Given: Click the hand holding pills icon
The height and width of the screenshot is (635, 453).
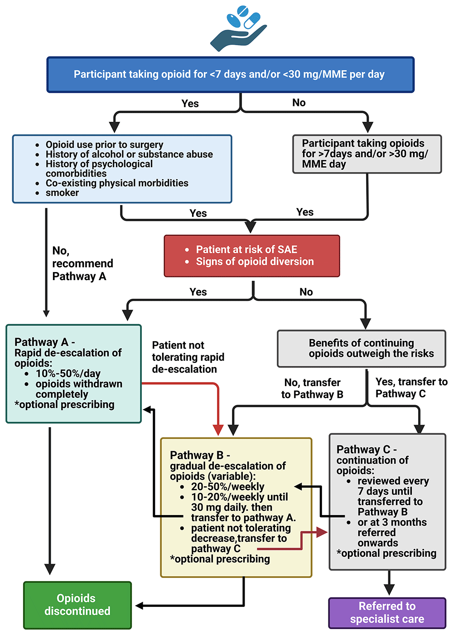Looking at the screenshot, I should tap(238, 29).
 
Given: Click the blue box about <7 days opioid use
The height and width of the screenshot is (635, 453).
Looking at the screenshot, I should tap(230, 75).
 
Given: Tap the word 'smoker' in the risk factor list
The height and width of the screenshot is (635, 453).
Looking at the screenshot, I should tap(62, 193).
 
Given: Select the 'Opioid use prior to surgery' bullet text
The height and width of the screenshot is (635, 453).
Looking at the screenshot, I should tap(104, 145).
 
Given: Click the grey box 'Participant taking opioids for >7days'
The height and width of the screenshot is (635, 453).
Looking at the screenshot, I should tap(366, 154).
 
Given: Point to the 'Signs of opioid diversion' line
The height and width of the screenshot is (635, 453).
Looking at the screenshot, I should tap(255, 262).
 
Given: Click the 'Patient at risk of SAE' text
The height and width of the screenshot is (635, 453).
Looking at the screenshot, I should tap(246, 249).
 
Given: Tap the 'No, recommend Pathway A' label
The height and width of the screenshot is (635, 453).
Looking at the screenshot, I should tap(82, 263).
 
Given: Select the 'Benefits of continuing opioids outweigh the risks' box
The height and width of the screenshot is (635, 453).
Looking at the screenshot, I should tap(361, 349).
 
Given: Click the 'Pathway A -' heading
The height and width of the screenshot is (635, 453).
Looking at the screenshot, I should tap(44, 342).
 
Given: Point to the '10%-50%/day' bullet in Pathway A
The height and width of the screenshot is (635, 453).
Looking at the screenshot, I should tap(68, 373).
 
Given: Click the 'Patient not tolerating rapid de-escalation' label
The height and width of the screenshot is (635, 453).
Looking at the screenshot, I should tap(188, 357).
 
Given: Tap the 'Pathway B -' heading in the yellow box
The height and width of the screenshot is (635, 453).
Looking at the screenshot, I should tap(200, 455).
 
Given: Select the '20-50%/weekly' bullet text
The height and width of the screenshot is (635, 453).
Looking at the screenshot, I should tap(227, 487).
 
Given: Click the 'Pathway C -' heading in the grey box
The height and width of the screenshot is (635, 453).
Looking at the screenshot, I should tap(366, 449).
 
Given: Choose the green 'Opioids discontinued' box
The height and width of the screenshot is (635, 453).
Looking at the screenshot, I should tap(77, 605).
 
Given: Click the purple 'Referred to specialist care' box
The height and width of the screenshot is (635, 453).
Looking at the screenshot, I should tap(387, 613).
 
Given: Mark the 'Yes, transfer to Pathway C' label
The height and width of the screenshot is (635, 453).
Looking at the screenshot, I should tap(411, 388).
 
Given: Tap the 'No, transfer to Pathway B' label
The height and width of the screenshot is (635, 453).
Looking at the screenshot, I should tap(312, 388).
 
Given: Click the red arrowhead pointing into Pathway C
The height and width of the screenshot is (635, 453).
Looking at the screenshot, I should tap(322, 532).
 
